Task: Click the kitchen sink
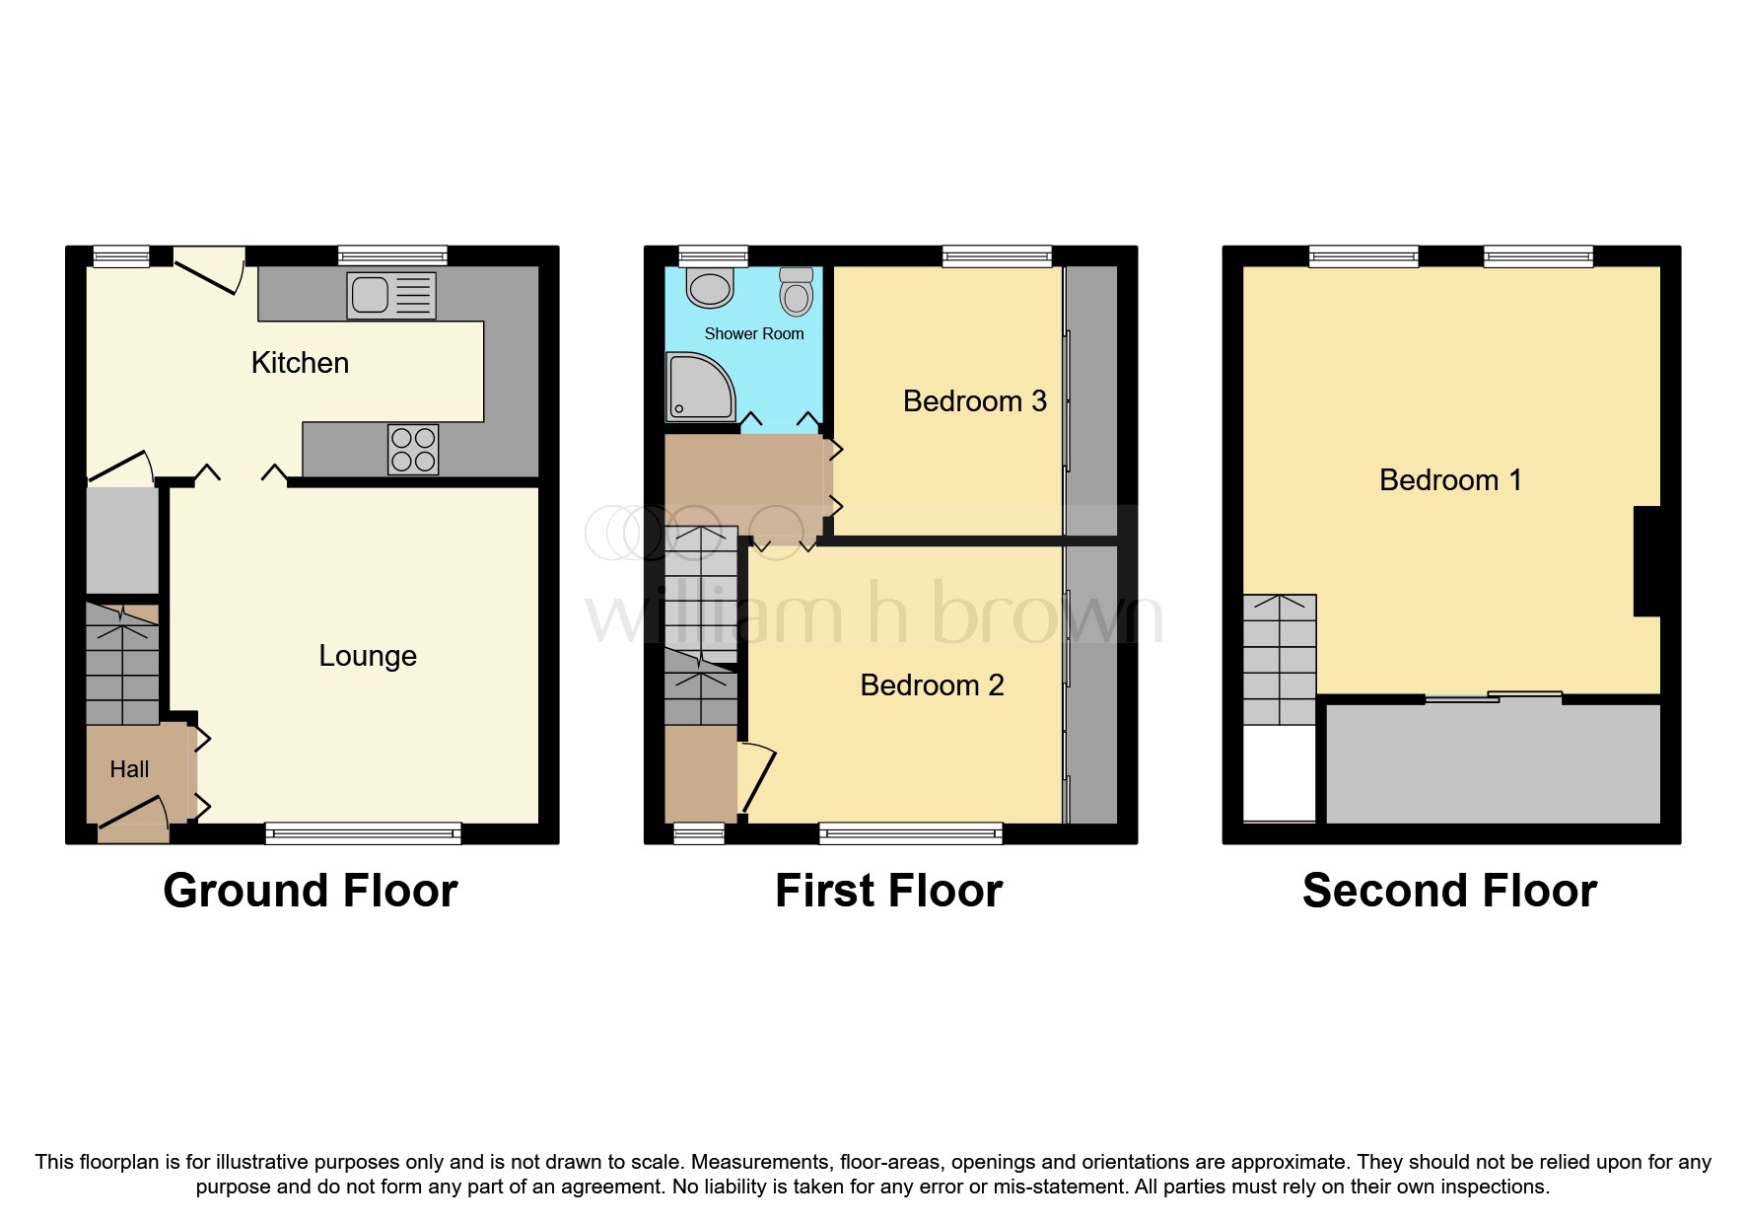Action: [x=390, y=295]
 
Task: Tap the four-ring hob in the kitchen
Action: [x=413, y=449]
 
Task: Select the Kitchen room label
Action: [x=300, y=363]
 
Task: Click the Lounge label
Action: [x=368, y=656]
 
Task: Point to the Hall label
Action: [x=129, y=769]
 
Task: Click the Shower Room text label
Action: [x=753, y=334]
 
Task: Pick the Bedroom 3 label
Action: [x=974, y=401]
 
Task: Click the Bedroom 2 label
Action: [x=932, y=685]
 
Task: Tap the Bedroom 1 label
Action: [x=1450, y=480]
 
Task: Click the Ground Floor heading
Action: [x=310, y=891]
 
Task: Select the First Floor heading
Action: [x=888, y=891]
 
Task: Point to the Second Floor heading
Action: [x=1449, y=891]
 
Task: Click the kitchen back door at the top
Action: [x=209, y=269]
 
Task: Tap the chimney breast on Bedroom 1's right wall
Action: [x=1646, y=561]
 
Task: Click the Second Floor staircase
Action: [x=1280, y=659]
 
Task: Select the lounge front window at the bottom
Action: [x=363, y=834]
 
